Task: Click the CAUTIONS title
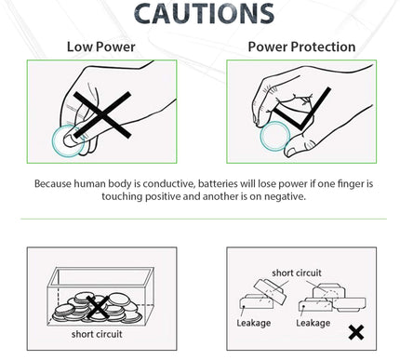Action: point(205,14)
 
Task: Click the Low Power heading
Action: point(101,47)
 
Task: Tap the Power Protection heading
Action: point(301,47)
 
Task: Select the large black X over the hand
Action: point(102,114)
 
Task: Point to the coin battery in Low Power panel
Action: point(68,140)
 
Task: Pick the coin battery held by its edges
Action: point(275,136)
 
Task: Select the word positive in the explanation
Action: point(163,196)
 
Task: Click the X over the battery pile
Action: point(98,307)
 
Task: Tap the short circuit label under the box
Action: point(97,334)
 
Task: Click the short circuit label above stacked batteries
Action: point(297,273)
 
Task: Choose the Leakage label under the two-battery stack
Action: point(254,323)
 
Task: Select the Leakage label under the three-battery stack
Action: point(313,323)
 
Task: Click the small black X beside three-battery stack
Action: point(356,332)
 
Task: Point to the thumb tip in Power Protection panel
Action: point(291,152)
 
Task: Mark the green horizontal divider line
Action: point(204,219)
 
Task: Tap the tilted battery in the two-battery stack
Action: point(270,291)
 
